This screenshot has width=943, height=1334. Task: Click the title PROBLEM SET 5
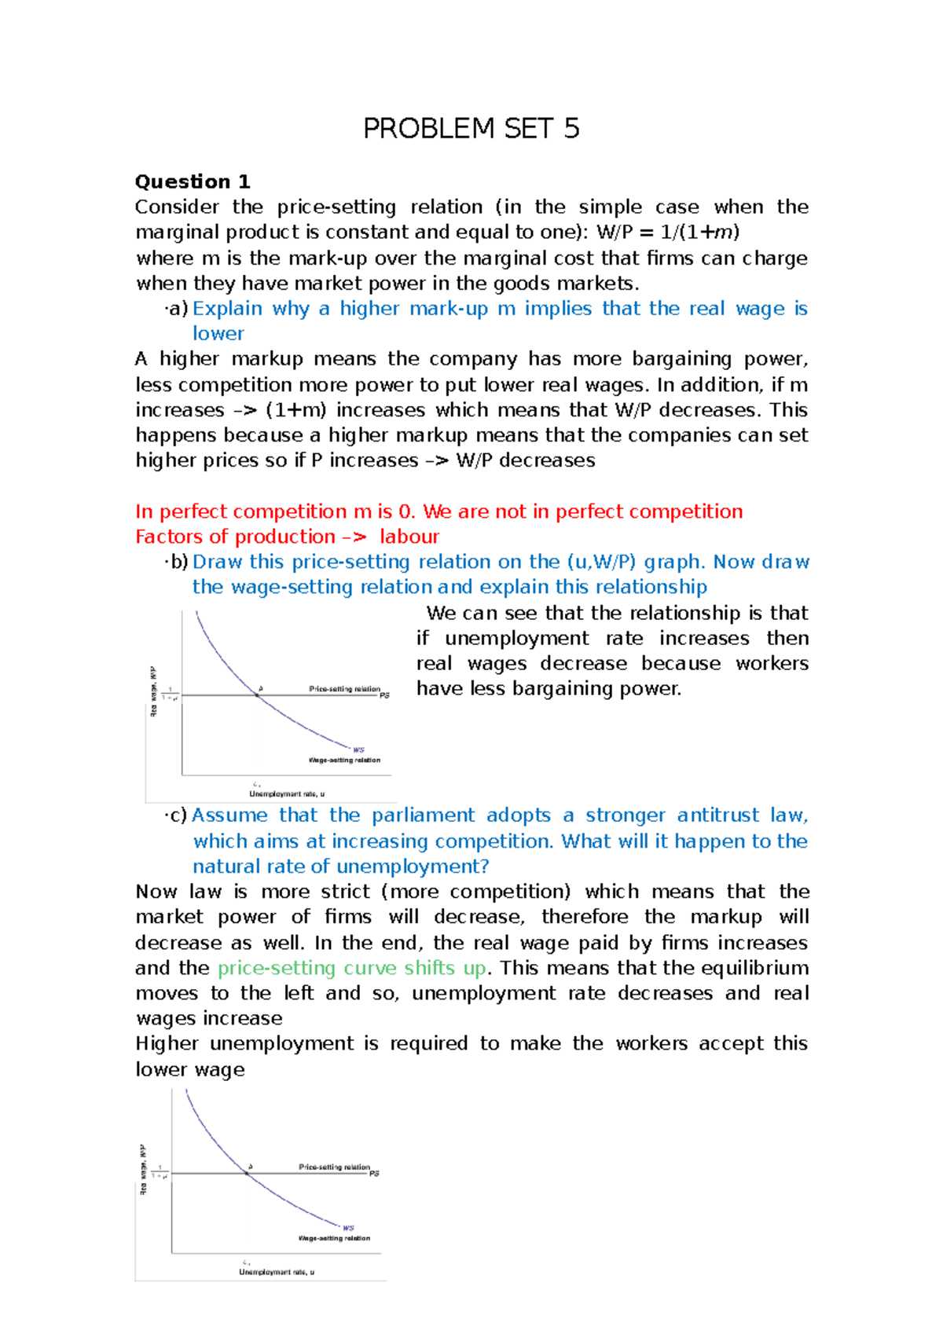[471, 129]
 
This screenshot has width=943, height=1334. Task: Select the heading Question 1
[193, 182]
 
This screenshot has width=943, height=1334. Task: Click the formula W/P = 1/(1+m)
[668, 233]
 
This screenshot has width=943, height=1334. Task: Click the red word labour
[409, 537]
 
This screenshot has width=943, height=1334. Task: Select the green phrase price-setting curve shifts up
[351, 968]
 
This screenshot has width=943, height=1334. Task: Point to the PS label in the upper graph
[385, 695]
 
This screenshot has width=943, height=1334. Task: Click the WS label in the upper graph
[358, 749]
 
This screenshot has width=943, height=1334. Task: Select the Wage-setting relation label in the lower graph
[334, 1238]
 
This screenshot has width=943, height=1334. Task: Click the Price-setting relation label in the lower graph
[334, 1167]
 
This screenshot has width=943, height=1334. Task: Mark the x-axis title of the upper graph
[287, 794]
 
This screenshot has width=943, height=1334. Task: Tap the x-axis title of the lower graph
[277, 1272]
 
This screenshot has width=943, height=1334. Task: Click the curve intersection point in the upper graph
[257, 694]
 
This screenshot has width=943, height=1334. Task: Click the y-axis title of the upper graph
[154, 691]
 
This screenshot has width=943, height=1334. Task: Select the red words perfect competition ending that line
[649, 511]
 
